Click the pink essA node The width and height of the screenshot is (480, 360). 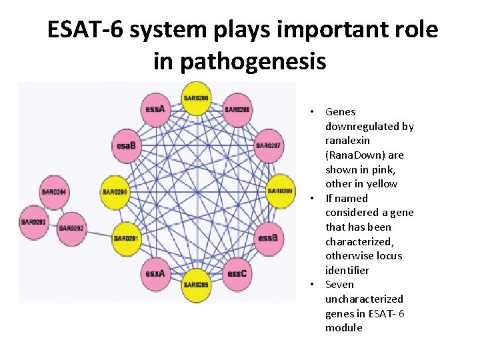click(x=155, y=109)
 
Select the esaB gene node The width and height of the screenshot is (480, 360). click(x=127, y=145)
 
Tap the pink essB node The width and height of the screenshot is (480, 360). click(x=267, y=238)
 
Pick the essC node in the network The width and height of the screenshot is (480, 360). click(x=237, y=273)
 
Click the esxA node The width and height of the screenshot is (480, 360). click(x=155, y=273)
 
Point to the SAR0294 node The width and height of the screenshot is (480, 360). click(x=55, y=192)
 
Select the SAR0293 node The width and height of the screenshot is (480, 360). click(x=33, y=222)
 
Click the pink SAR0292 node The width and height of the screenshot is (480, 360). click(x=71, y=228)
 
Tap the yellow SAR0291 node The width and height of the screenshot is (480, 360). click(x=127, y=238)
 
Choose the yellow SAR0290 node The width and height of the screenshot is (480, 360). click(x=115, y=192)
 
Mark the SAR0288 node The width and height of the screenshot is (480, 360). click(x=237, y=109)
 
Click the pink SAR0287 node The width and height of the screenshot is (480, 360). click(x=268, y=145)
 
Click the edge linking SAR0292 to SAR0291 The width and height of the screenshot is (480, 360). click(x=99, y=233)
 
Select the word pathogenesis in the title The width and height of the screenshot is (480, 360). click(x=239, y=61)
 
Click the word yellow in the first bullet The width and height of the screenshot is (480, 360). click(x=381, y=184)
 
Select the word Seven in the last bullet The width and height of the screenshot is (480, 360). click(x=340, y=285)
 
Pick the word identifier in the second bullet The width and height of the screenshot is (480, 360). click(x=347, y=270)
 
